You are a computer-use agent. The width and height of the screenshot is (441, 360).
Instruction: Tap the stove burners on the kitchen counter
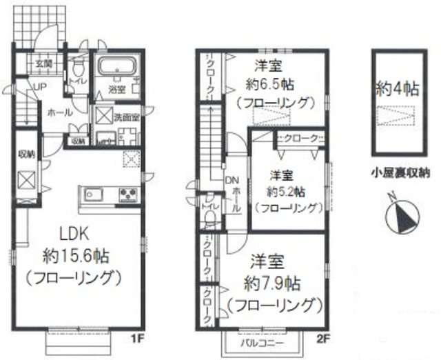point(129,195)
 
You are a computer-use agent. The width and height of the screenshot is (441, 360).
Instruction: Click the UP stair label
point(23,86)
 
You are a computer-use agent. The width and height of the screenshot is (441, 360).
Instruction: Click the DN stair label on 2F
point(232,181)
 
